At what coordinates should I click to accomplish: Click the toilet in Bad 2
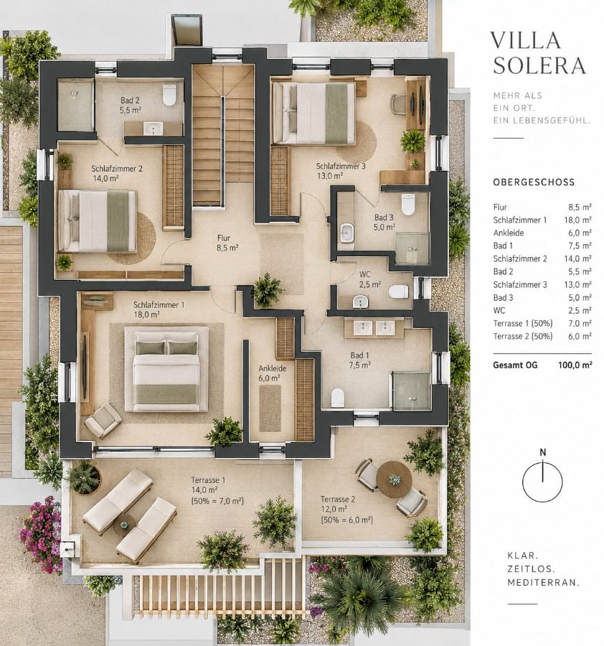169,95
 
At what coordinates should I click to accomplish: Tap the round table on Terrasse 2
394,479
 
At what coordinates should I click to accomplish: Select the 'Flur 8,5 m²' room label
227,243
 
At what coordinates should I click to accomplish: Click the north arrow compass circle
542,482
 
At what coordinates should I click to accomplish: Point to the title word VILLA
525,40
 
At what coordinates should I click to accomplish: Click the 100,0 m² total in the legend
575,365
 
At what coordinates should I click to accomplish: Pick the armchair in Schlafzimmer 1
103,420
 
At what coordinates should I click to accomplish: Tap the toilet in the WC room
399,291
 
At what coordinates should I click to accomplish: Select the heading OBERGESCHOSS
534,182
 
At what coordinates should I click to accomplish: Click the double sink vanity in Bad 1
374,328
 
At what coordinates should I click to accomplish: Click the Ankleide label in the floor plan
272,373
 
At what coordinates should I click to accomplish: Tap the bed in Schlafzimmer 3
313,113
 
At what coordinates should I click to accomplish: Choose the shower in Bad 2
76,105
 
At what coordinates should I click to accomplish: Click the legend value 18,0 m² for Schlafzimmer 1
577,220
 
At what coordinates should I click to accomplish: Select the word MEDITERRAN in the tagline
544,583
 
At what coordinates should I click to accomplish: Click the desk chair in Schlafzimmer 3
397,104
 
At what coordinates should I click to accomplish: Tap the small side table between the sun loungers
124,525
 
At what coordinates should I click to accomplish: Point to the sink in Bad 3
346,233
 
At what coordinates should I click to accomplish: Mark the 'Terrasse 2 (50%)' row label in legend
523,336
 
